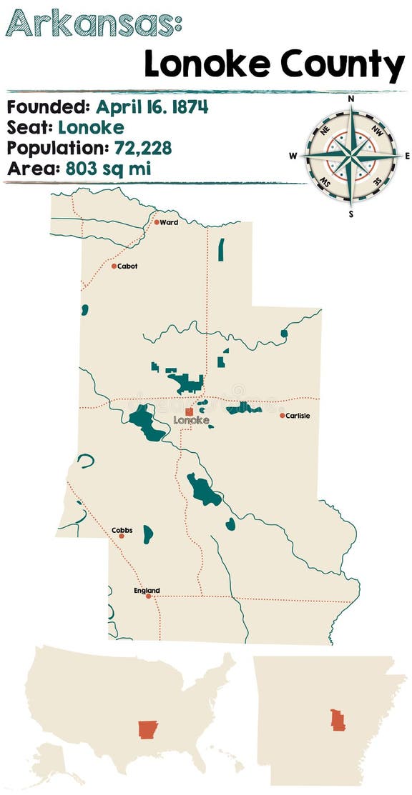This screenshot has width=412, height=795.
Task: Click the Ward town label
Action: tap(170, 222)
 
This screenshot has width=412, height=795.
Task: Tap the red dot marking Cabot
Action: tap(114, 266)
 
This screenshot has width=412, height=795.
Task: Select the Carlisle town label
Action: tap(298, 416)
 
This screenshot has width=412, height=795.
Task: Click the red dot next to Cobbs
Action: tap(122, 536)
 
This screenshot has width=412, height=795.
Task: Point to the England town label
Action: tap(147, 591)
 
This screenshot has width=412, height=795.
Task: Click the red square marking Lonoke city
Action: tap(189, 411)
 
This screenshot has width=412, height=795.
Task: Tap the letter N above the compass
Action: tap(351, 99)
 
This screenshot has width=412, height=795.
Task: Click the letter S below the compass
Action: tap(351, 212)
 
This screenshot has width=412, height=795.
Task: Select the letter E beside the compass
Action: tap(407, 156)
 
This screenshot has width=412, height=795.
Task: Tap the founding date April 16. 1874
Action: tap(152, 108)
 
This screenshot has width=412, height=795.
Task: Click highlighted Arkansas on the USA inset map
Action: tap(148, 730)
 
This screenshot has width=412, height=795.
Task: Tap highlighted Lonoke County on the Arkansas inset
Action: tap(338, 719)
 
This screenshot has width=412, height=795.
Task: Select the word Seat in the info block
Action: tap(29, 129)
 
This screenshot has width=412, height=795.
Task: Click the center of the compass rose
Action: tap(351, 156)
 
